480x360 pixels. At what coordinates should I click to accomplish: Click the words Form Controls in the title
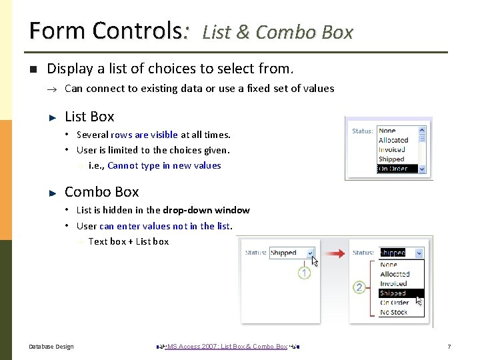(x=107, y=31)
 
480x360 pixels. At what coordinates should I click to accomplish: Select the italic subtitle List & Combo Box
(x=277, y=32)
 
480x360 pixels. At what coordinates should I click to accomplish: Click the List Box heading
(x=89, y=117)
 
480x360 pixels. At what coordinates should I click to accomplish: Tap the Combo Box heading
(x=101, y=192)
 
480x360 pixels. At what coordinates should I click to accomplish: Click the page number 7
(x=449, y=347)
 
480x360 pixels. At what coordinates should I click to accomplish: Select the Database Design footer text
(x=51, y=347)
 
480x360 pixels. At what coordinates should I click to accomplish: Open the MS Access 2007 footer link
(x=227, y=347)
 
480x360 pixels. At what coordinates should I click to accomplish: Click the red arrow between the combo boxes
(x=337, y=253)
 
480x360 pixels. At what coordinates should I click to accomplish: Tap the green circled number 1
(x=304, y=273)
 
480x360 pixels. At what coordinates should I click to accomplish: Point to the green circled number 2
(x=359, y=287)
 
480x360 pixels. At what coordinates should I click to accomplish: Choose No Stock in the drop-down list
(x=393, y=312)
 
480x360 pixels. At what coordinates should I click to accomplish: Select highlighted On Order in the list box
(x=393, y=169)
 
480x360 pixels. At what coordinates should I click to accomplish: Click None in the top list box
(x=387, y=131)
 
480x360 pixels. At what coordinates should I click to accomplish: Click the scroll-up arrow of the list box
(x=422, y=131)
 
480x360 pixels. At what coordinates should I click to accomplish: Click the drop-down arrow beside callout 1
(x=310, y=253)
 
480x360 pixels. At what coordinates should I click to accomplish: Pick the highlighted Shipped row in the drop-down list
(x=393, y=293)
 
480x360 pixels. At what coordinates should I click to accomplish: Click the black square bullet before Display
(x=31, y=69)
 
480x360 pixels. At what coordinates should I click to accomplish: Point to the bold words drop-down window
(x=206, y=211)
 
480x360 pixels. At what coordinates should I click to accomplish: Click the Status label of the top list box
(x=362, y=131)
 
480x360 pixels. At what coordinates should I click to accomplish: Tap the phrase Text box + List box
(x=128, y=241)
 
